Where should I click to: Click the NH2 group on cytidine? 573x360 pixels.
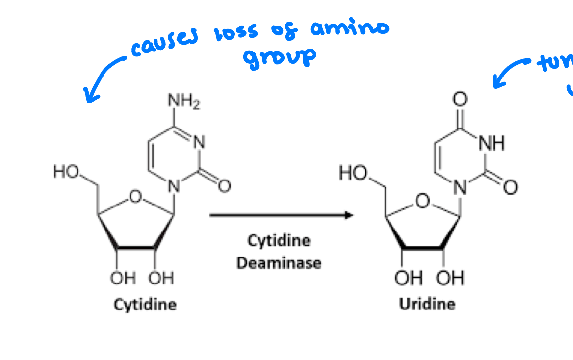pos(184,102)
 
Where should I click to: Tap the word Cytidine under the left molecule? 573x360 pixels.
pos(145,305)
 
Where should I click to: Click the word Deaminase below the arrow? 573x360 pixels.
pos(279,263)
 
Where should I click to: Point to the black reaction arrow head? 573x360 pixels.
pos(349,215)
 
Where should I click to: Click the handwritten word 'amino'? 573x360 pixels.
pos(349,28)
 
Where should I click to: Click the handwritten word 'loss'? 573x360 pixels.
pos(235,34)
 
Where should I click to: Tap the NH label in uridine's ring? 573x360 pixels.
pos(491,144)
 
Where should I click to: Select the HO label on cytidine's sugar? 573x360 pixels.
pos(65,172)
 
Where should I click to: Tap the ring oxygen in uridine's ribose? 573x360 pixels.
pos(422,200)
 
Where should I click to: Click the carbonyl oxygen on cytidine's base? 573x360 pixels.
pos(224,186)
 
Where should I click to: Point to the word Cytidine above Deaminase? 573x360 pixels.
pos(279,241)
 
